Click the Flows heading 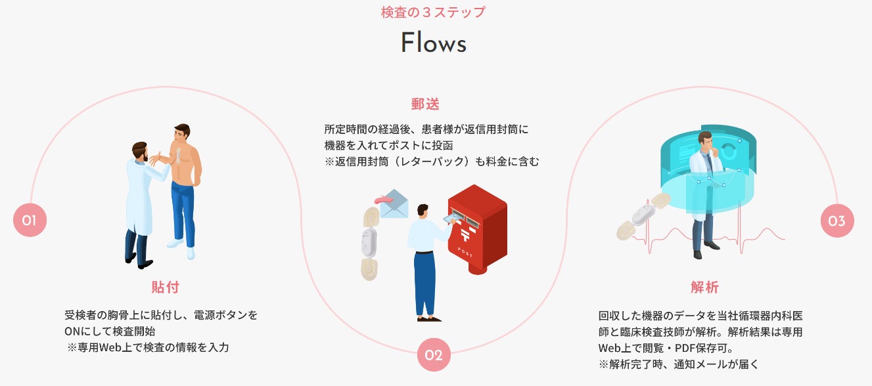click(434, 43)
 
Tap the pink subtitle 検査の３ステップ click(434, 12)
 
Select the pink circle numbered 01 click(30, 221)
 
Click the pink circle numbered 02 click(434, 355)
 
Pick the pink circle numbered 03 click(837, 221)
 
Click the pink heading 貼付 click(165, 288)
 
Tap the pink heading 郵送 click(425, 104)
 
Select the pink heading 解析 click(704, 288)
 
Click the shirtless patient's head click(181, 131)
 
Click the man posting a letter click(425, 263)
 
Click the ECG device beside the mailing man click(369, 243)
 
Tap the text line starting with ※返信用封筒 click(431, 161)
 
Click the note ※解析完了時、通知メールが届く click(678, 364)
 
